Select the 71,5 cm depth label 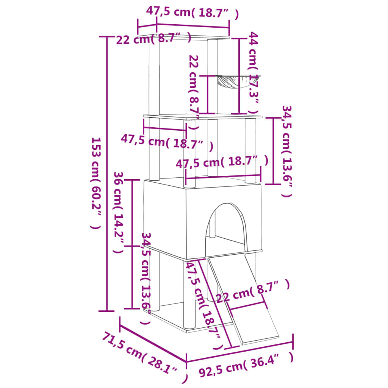click(144, 356)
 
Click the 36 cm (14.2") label click(118, 212)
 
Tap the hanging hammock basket click(233, 81)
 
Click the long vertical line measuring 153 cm click(107, 174)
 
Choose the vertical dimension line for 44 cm click(239, 76)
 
